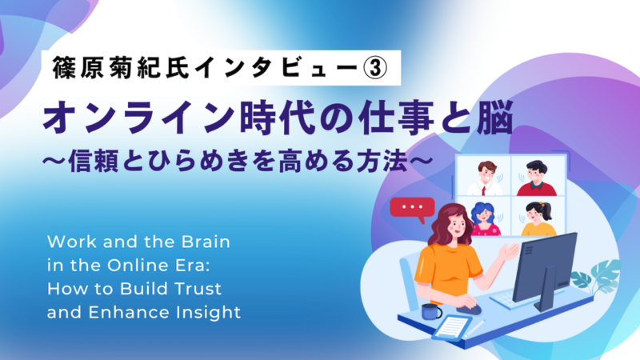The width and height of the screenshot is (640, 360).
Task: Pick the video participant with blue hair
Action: [482, 218]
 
